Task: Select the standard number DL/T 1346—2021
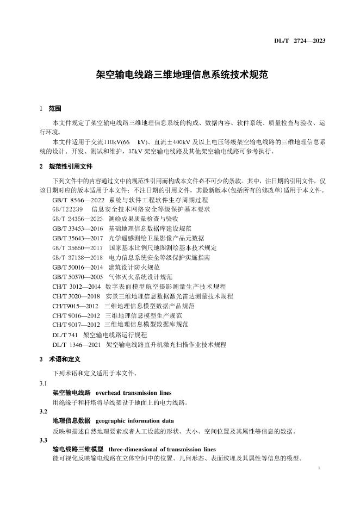click(x=77, y=344)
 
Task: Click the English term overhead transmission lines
click(x=133, y=393)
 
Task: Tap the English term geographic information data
click(x=134, y=421)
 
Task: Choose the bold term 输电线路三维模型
click(x=78, y=449)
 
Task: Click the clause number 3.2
click(x=44, y=412)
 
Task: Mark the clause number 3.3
click(x=44, y=440)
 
